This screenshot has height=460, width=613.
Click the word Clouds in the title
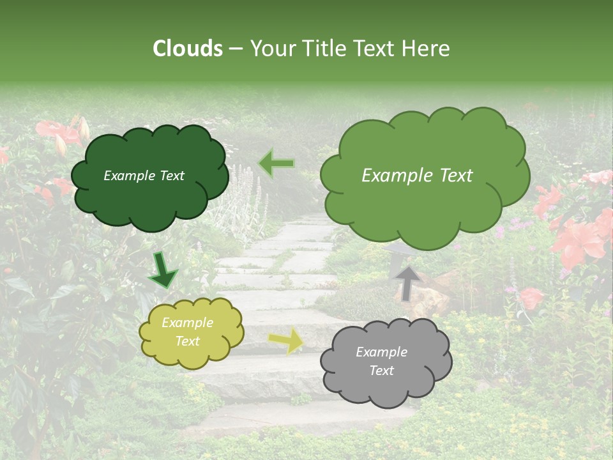click(188, 49)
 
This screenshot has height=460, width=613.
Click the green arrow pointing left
click(276, 164)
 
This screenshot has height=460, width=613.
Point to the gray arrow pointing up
click(408, 282)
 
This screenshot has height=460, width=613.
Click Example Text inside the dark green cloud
click(144, 176)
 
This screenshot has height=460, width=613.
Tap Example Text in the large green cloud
click(417, 176)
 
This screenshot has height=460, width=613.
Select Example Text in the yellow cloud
click(188, 332)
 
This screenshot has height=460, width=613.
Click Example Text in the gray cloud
click(381, 361)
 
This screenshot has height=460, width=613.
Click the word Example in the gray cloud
click(381, 352)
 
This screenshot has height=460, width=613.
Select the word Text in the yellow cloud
click(188, 342)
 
